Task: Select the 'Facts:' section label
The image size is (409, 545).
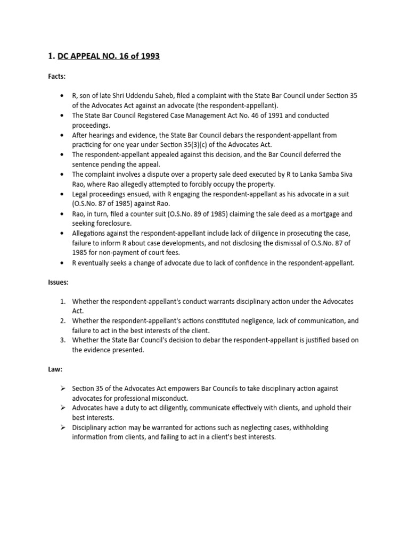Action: coord(56,77)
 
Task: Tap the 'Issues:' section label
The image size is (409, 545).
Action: coord(58,282)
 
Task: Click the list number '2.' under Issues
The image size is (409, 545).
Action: coord(62,321)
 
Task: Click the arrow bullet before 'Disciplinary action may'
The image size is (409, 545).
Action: coord(62,428)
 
